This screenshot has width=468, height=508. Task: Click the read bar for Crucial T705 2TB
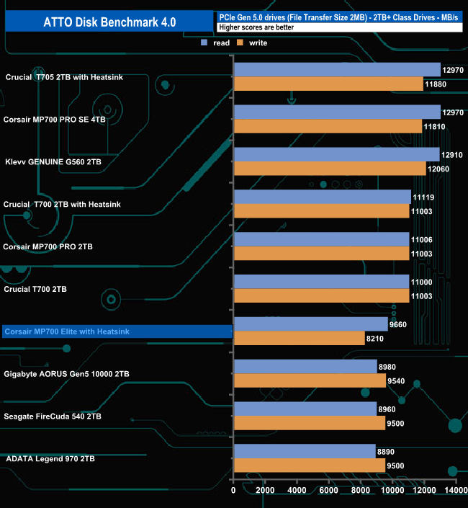click(x=336, y=69)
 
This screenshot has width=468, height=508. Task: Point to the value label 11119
click(x=423, y=197)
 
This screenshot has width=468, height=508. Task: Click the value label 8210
click(x=377, y=338)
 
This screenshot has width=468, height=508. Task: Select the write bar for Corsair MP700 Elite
click(x=299, y=338)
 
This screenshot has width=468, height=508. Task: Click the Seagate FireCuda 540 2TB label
click(x=53, y=416)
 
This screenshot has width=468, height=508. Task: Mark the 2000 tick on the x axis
click(x=265, y=491)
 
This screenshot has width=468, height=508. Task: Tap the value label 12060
click(x=438, y=168)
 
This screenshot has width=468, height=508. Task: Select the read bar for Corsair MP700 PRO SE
click(x=336, y=112)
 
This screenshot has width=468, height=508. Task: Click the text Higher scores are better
click(x=252, y=27)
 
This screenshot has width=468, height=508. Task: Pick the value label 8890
click(x=386, y=451)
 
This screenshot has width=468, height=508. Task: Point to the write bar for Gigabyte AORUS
click(x=310, y=380)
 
